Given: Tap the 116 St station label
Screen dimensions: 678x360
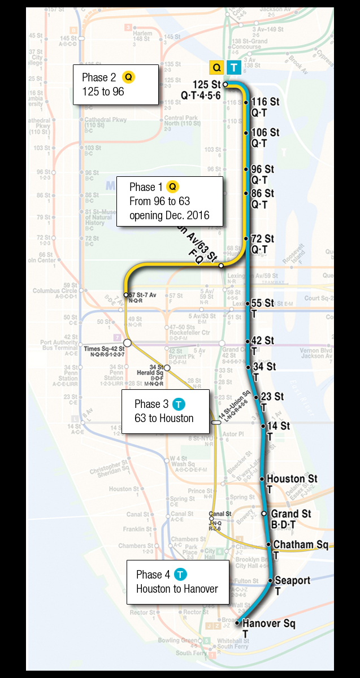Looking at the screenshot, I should (x=262, y=102).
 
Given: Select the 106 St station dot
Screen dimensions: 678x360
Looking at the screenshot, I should (x=246, y=133).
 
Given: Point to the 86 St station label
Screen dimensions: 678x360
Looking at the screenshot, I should (x=262, y=193).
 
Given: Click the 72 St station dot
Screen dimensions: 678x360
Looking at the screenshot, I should (x=246, y=239).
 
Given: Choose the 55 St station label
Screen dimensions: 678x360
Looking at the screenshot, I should (x=262, y=303).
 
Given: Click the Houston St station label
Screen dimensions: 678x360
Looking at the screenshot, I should (x=292, y=479).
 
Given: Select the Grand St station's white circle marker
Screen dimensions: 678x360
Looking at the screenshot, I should (x=264, y=514).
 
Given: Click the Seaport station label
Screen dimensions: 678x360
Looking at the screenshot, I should (x=292, y=580).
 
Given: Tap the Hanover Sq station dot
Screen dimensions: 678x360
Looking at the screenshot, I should (x=237, y=624).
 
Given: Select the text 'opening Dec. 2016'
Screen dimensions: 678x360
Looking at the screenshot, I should (x=169, y=216).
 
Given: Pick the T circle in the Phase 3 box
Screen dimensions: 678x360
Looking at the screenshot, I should (x=179, y=404).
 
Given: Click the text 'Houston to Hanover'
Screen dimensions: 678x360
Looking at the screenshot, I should (x=177, y=589).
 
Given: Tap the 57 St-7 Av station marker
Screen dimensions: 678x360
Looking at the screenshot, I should (x=126, y=295).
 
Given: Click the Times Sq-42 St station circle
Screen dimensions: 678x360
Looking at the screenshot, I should (x=128, y=343).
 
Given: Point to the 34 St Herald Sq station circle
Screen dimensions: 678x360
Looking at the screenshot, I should (x=167, y=367).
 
